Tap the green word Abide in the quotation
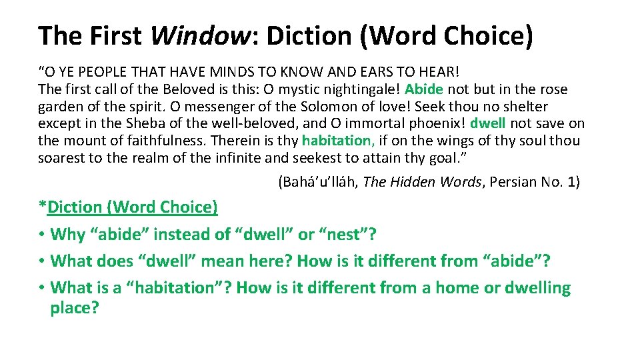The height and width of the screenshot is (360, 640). point(423,89)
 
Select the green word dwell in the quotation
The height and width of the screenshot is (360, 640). point(488,123)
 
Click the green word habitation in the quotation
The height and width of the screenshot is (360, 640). point(337,141)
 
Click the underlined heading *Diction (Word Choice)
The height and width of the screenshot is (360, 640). point(128,207)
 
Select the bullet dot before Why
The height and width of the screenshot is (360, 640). point(42,235)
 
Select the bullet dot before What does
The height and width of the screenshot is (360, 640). point(42,261)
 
